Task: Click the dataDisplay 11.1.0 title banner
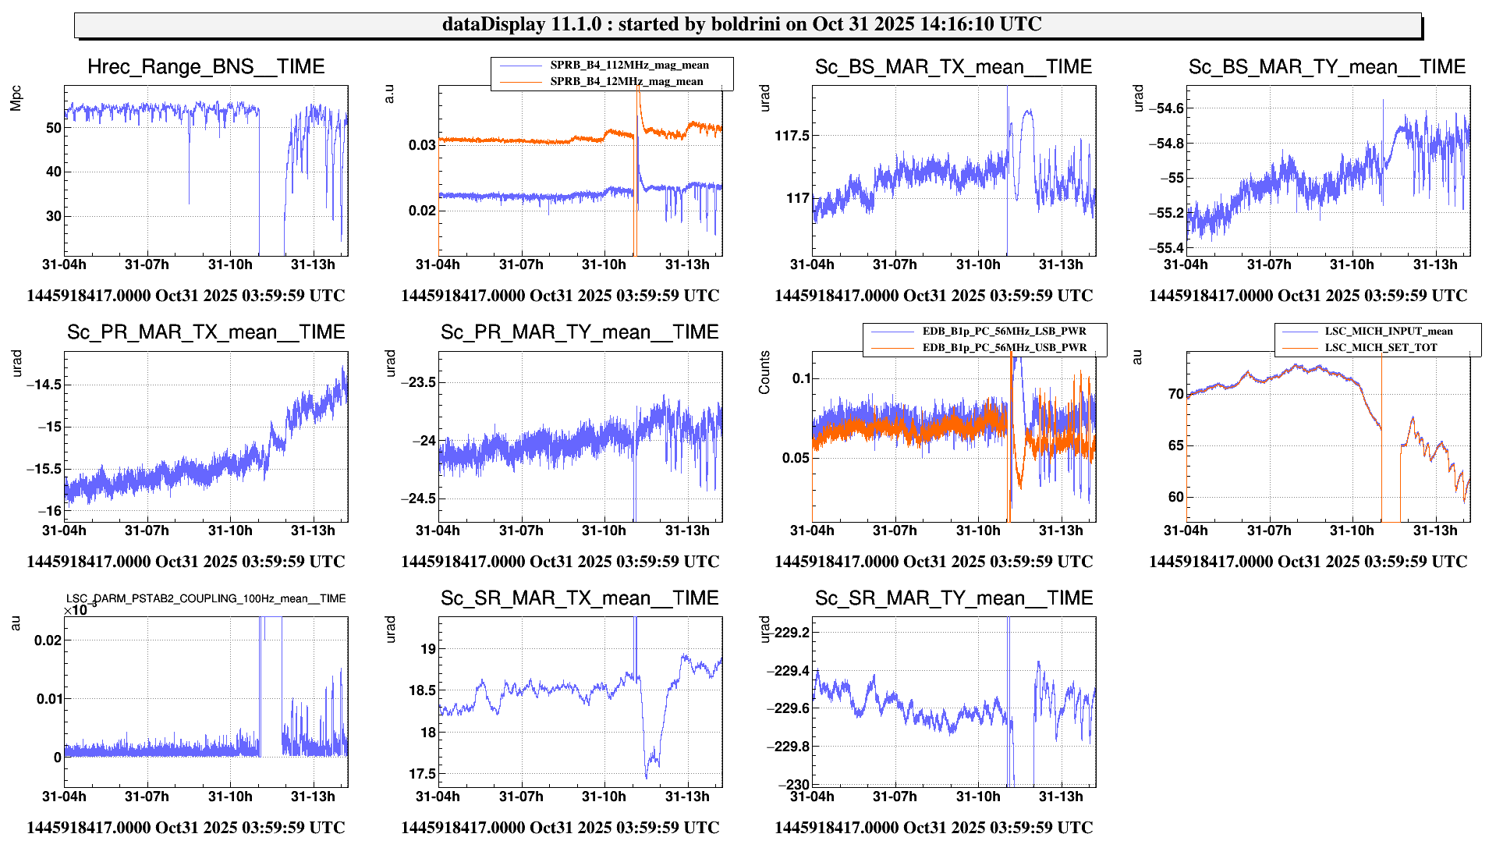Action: point(747,24)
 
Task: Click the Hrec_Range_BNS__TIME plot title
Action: point(206,67)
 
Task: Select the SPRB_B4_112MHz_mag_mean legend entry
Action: point(629,66)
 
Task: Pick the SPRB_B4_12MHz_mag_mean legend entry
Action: point(626,81)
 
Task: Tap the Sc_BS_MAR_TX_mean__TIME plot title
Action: point(953,67)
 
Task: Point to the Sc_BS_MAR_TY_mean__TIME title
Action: point(1327,67)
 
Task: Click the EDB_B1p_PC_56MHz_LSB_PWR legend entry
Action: point(1004,332)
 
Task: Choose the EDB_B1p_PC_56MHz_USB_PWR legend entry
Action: point(1004,348)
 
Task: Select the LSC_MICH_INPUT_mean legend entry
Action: point(1388,332)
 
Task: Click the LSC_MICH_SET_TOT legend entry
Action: point(1380,348)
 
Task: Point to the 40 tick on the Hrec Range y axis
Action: point(53,172)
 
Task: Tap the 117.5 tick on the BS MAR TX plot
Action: point(792,136)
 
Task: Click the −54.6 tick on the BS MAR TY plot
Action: point(1166,108)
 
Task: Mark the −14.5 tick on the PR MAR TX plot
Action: point(44,385)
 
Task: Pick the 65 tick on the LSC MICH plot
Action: point(1175,445)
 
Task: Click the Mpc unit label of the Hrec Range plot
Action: point(16,99)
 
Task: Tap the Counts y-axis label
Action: point(764,372)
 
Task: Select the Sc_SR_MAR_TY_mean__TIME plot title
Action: point(953,598)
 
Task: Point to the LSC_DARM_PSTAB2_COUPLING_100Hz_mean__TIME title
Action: point(206,599)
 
